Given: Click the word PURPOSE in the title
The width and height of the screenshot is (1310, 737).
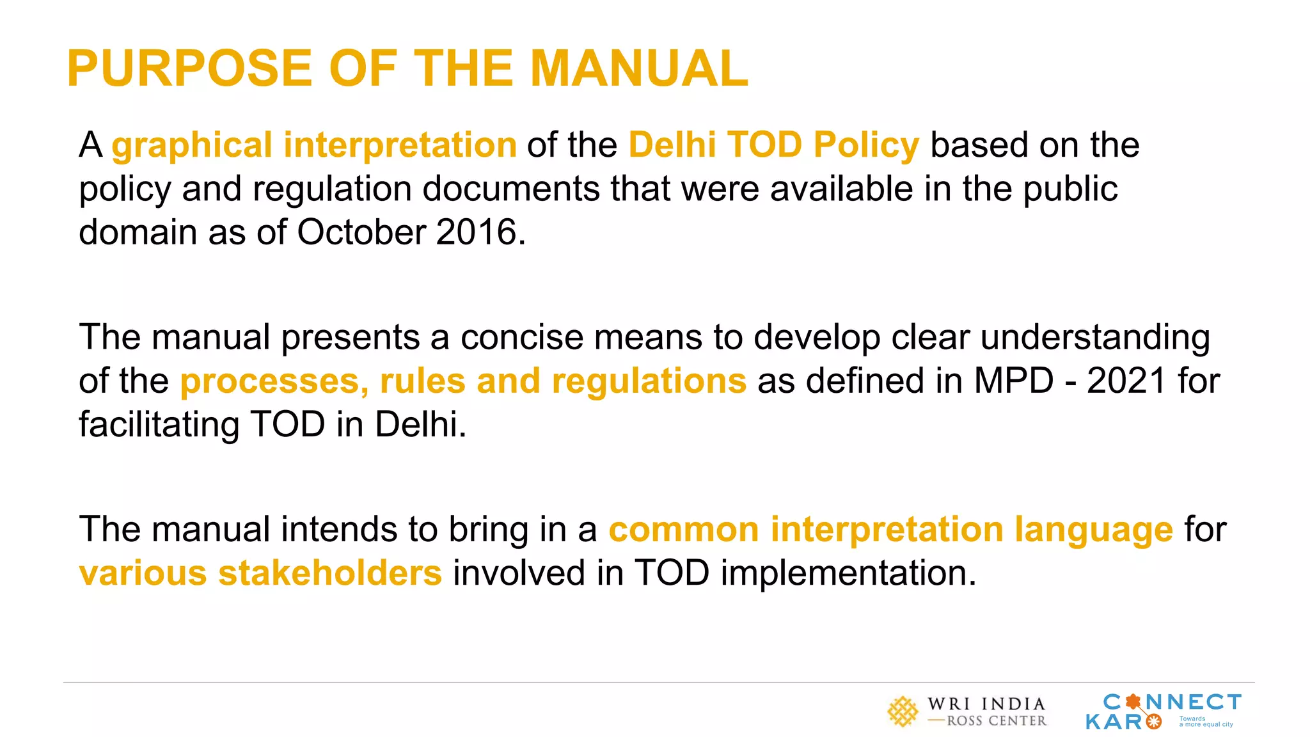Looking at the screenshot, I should pos(189,68).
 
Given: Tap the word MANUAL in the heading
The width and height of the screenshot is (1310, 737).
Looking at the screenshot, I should pos(639,68).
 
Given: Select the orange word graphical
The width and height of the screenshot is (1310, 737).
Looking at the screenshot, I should pos(192,145).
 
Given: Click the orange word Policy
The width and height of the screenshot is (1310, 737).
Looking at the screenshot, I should pos(866,145).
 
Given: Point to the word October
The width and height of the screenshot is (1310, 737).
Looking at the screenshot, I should pos(361,232).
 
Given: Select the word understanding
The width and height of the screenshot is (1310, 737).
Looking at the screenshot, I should pos(1095,337).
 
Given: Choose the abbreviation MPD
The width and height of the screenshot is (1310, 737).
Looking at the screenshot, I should pos(1013,381).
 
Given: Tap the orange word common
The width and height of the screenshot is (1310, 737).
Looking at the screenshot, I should pos(683,530).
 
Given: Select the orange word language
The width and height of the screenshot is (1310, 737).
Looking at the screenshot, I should pos(1093,530).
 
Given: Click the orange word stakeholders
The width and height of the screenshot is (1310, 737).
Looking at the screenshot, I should pos(329,573).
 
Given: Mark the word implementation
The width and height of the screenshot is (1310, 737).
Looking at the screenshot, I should pos(848,573).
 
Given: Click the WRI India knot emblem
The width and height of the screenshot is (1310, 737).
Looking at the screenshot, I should pos(903,712).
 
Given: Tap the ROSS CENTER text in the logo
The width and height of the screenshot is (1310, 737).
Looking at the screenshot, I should pos(997,721).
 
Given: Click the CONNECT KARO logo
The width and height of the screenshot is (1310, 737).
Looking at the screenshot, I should pos(1163,711).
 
